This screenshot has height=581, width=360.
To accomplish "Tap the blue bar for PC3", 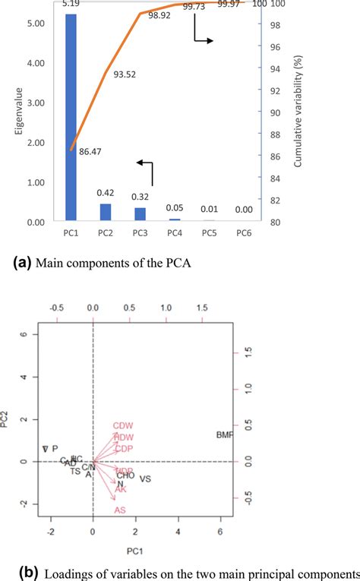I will pos(140,215).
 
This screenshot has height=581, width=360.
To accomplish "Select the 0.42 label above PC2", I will pos(106,194).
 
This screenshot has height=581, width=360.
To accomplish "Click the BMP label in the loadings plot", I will pos(226,434).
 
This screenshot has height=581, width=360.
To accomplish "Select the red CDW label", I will pos(123,426).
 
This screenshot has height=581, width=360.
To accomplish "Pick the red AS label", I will pos(120,510).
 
